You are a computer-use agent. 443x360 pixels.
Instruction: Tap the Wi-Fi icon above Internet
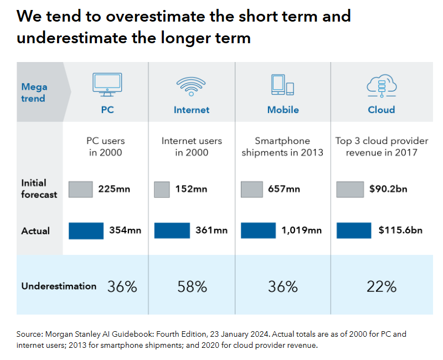(x=192, y=85)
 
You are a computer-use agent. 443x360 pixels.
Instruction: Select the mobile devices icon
(x=282, y=84)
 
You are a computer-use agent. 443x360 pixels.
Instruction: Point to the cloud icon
(x=381, y=85)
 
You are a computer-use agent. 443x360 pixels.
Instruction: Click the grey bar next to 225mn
(x=81, y=189)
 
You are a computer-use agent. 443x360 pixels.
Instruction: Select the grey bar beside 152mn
(x=162, y=189)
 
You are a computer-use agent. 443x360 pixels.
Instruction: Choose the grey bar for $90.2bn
(x=350, y=189)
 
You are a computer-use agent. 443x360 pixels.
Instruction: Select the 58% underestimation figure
(x=192, y=287)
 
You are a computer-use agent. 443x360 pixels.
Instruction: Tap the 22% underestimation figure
(x=382, y=287)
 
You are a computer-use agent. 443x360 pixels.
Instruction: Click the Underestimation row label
(x=59, y=286)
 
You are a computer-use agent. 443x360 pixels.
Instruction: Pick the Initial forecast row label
(x=39, y=188)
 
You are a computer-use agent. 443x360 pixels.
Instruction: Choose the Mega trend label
(x=34, y=92)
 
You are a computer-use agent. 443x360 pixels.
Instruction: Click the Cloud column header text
(x=382, y=110)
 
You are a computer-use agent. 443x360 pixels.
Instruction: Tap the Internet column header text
(x=192, y=110)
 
